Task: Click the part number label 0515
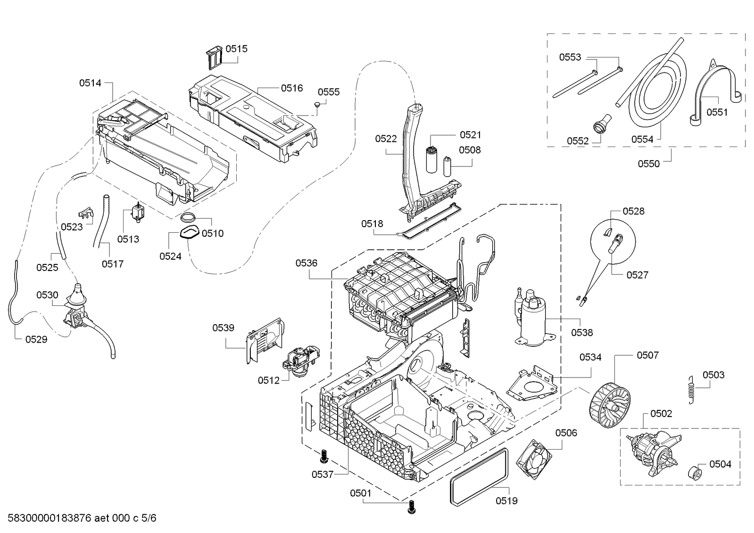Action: (236, 49)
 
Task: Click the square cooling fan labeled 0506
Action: (534, 459)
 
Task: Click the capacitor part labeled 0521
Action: (431, 159)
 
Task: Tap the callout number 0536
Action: (307, 263)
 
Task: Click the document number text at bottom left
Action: (79, 518)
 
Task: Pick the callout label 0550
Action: (648, 164)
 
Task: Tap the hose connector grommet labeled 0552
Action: (601, 124)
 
